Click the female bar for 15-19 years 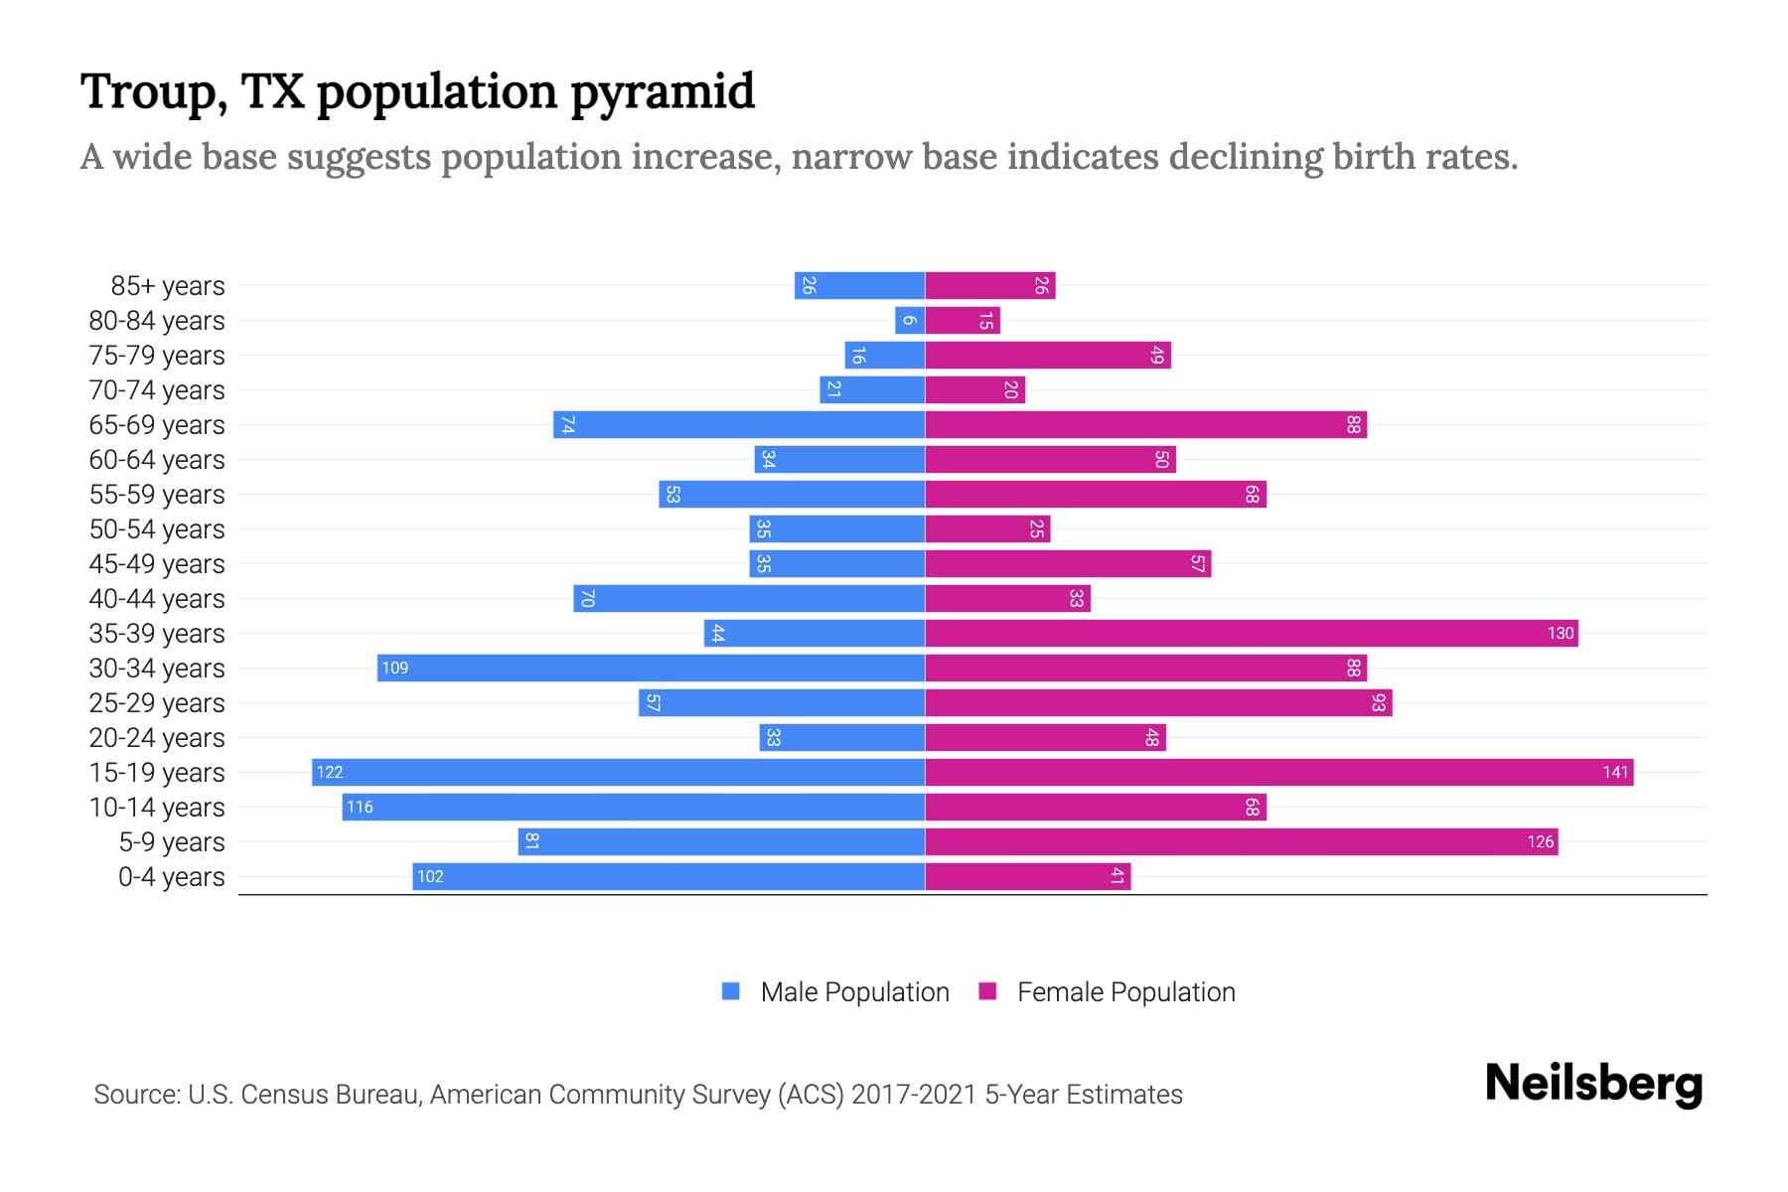(1279, 772)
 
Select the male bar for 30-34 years (651, 668)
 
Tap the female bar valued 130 (1252, 633)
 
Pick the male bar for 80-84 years (910, 320)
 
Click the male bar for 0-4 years (669, 876)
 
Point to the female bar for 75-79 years (1048, 355)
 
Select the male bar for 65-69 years (739, 424)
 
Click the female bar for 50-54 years (987, 528)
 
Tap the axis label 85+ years (168, 286)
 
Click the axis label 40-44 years (157, 599)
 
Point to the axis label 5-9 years (172, 842)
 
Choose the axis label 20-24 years (157, 738)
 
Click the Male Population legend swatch (731, 991)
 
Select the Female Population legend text (1125, 992)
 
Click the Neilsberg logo (1593, 1083)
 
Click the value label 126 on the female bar (1540, 841)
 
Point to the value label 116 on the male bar (360, 807)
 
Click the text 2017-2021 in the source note (914, 1095)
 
